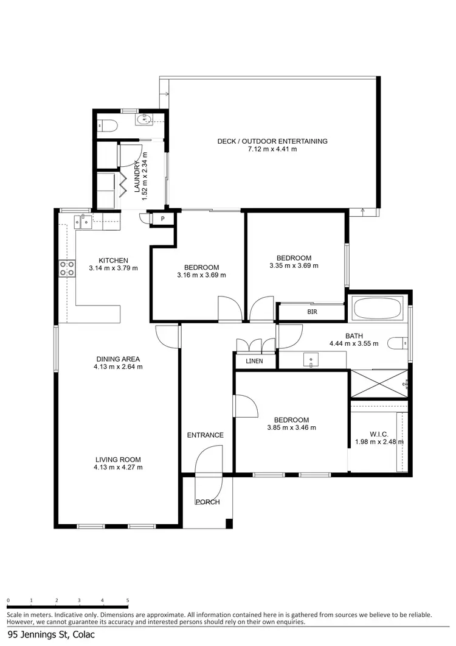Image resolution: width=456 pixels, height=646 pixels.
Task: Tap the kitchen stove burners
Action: tap(67, 269)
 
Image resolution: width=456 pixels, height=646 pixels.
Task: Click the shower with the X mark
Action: tap(379, 383)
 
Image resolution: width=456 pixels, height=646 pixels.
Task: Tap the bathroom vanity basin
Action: tap(311, 360)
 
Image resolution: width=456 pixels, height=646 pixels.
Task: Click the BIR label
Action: tap(313, 312)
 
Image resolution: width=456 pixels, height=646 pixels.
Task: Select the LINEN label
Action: tap(255, 362)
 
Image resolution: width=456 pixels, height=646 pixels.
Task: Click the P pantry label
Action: tap(162, 219)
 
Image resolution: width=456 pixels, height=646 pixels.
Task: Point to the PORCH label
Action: tap(207, 502)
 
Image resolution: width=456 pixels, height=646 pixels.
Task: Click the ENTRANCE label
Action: tap(205, 435)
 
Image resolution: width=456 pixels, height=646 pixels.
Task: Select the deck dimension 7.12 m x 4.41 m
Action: tap(272, 149)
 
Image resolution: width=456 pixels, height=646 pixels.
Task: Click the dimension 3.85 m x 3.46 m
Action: tap(291, 428)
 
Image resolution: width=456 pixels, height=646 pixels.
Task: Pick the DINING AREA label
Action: tap(118, 359)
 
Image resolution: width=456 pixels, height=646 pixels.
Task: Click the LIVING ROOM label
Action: tap(118, 460)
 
